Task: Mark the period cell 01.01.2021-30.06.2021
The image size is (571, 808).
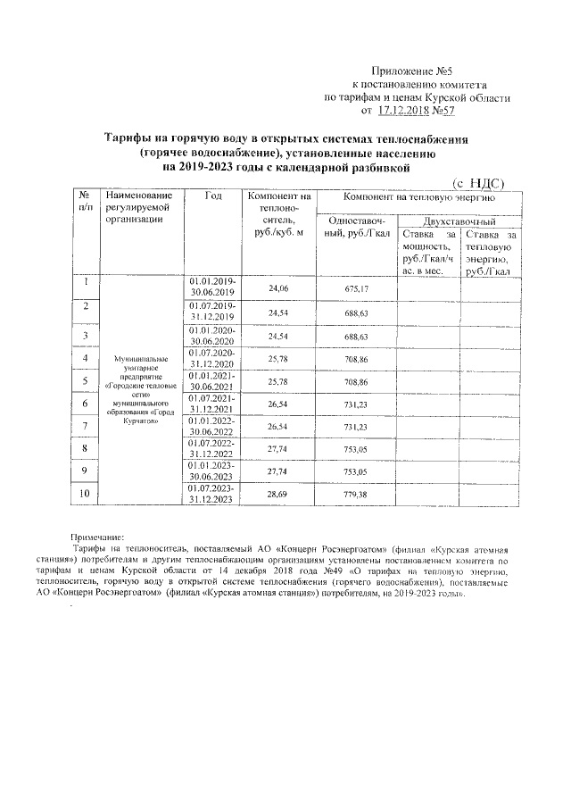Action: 212,381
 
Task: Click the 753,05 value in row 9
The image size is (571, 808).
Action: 356,471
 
